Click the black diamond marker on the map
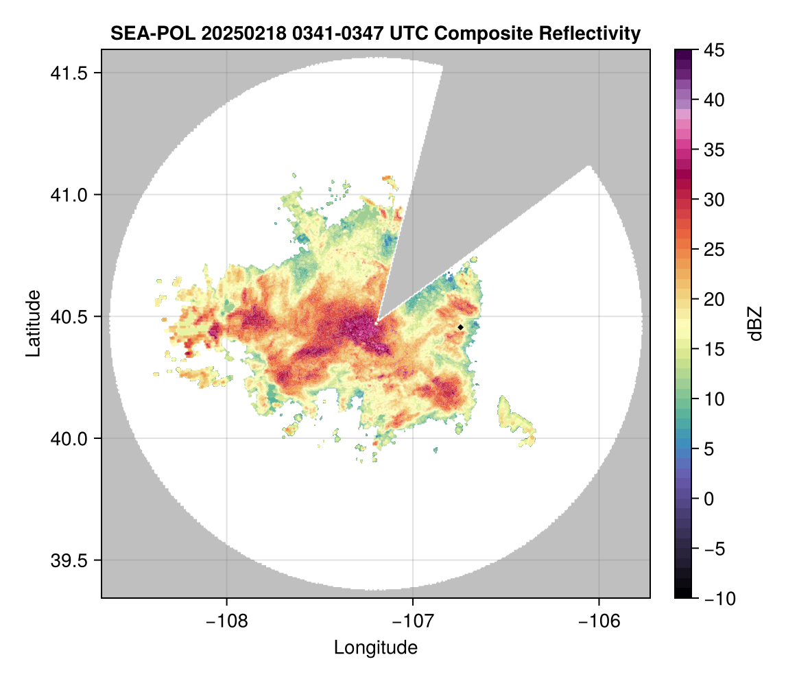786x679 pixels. (460, 327)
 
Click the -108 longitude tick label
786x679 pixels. (226, 621)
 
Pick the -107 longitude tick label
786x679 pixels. (413, 621)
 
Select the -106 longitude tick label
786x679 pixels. (599, 621)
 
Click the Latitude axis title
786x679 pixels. (32, 323)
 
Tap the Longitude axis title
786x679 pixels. (376, 647)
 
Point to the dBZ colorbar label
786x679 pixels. (755, 323)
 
